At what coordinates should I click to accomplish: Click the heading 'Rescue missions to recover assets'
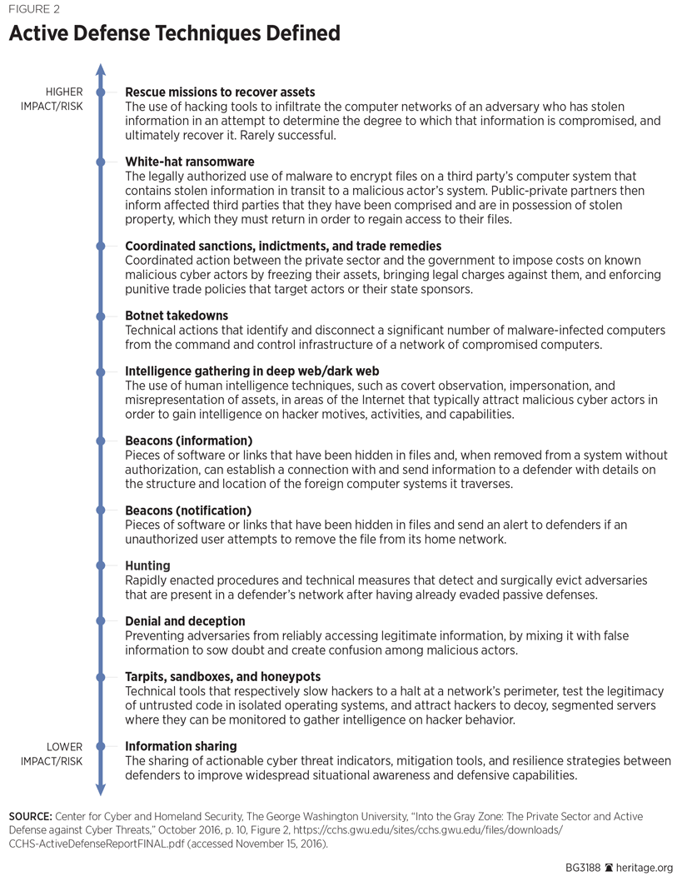tap(220, 92)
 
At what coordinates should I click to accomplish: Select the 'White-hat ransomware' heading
tap(189, 162)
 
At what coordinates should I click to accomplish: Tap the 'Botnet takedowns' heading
tap(177, 316)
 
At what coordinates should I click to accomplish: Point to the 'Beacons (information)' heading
tap(188, 440)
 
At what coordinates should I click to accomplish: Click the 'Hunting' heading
tap(147, 565)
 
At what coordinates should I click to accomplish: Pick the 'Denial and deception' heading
tap(185, 621)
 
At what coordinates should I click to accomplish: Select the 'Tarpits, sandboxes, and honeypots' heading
tap(222, 677)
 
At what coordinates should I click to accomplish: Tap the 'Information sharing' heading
tap(181, 746)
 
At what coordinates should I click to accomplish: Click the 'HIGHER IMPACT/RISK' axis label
tap(52, 99)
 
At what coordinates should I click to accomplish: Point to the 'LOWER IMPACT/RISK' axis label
tap(52, 754)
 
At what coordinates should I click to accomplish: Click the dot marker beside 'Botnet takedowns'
tap(101, 316)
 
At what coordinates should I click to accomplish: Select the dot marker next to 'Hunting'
tap(101, 566)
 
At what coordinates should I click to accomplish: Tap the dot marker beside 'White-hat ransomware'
tap(101, 162)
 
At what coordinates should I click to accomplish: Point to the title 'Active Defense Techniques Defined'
tap(174, 34)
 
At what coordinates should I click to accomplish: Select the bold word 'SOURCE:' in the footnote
tap(31, 817)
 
